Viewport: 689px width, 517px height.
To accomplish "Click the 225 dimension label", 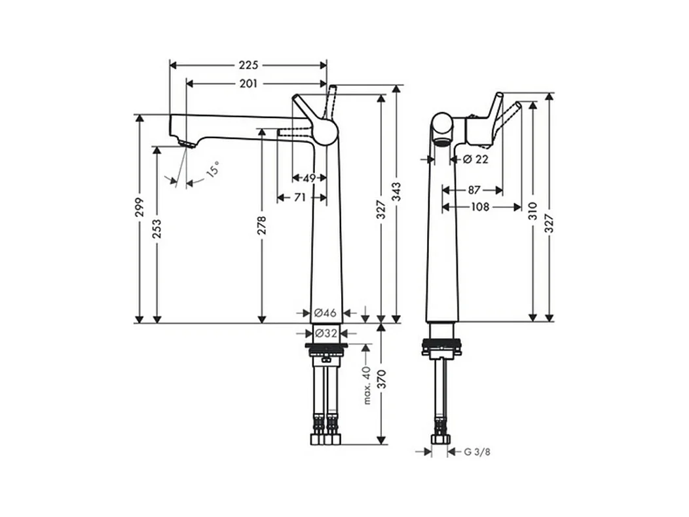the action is pos(248,65).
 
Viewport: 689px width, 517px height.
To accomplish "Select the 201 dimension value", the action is pos(248,83).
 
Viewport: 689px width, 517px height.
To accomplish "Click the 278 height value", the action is pos(262,226).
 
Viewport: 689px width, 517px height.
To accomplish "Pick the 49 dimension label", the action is pos(309,178).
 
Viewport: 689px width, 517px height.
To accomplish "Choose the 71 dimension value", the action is pos(300,197).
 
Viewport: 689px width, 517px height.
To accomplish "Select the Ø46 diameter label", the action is pos(325,313).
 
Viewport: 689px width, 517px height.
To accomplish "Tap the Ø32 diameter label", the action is pos(326,333).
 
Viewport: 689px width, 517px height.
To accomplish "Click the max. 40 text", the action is pos(367,385).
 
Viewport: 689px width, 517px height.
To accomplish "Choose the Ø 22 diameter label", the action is pos(476,159).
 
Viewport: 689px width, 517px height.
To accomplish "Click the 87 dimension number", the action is pos(474,190).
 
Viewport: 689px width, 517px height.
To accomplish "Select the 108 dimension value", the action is pos(480,207).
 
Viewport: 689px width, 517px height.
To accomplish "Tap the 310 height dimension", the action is pos(533,210).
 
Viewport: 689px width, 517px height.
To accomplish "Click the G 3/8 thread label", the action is pos(477,451).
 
